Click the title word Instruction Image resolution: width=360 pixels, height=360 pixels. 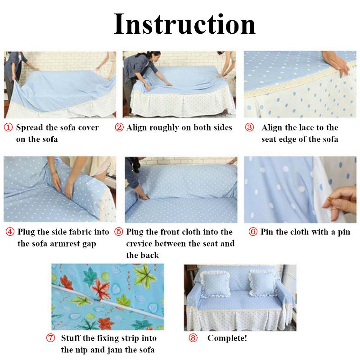coord(184,24)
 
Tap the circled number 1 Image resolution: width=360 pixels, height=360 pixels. coord(8,127)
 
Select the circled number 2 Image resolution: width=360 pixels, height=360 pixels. coord(119,127)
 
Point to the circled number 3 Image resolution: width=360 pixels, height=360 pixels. coord(249,127)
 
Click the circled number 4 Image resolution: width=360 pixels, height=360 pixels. coord(10,232)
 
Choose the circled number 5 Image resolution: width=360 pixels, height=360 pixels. coord(119,232)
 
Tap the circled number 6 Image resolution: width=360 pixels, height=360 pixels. coord(253,232)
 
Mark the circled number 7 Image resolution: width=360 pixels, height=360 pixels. coord(50,338)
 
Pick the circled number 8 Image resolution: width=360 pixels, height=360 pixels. coord(193,338)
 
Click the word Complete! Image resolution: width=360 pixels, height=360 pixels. coord(227,338)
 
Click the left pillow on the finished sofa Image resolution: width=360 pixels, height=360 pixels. coord(215,284)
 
